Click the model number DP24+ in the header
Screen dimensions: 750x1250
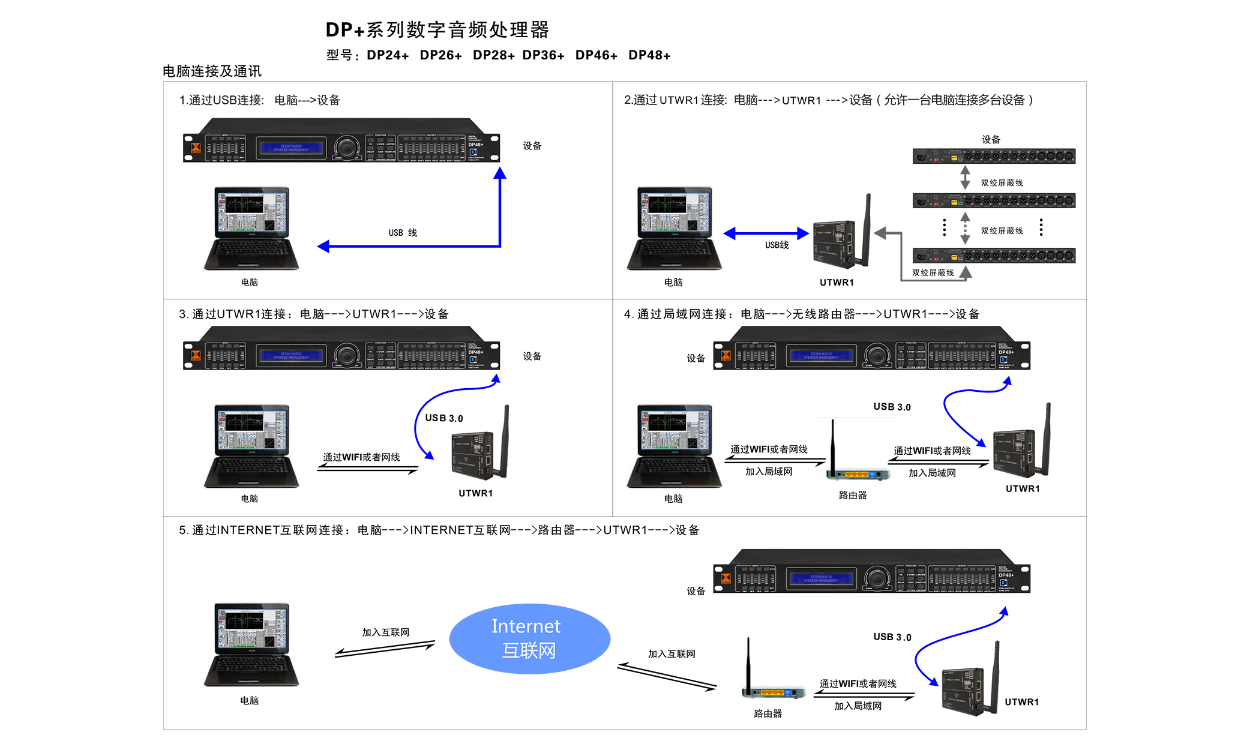(388, 55)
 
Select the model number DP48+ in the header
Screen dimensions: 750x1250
(649, 55)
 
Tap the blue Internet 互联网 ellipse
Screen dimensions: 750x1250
(529, 638)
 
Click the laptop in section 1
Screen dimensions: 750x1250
(251, 228)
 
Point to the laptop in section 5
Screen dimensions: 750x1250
(251, 644)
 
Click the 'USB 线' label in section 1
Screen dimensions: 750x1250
(403, 233)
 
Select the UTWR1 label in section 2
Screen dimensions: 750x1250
(837, 283)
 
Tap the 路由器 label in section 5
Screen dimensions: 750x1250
(768, 713)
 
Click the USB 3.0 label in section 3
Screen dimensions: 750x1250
(444, 418)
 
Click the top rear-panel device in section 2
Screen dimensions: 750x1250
(994, 156)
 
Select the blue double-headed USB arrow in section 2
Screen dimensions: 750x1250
(766, 233)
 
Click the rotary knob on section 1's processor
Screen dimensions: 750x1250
(347, 146)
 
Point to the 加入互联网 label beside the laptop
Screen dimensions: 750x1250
(385, 632)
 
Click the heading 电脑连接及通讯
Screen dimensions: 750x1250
(212, 71)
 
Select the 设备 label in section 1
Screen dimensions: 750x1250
(532, 146)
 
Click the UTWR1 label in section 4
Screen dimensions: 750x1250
(1023, 489)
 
